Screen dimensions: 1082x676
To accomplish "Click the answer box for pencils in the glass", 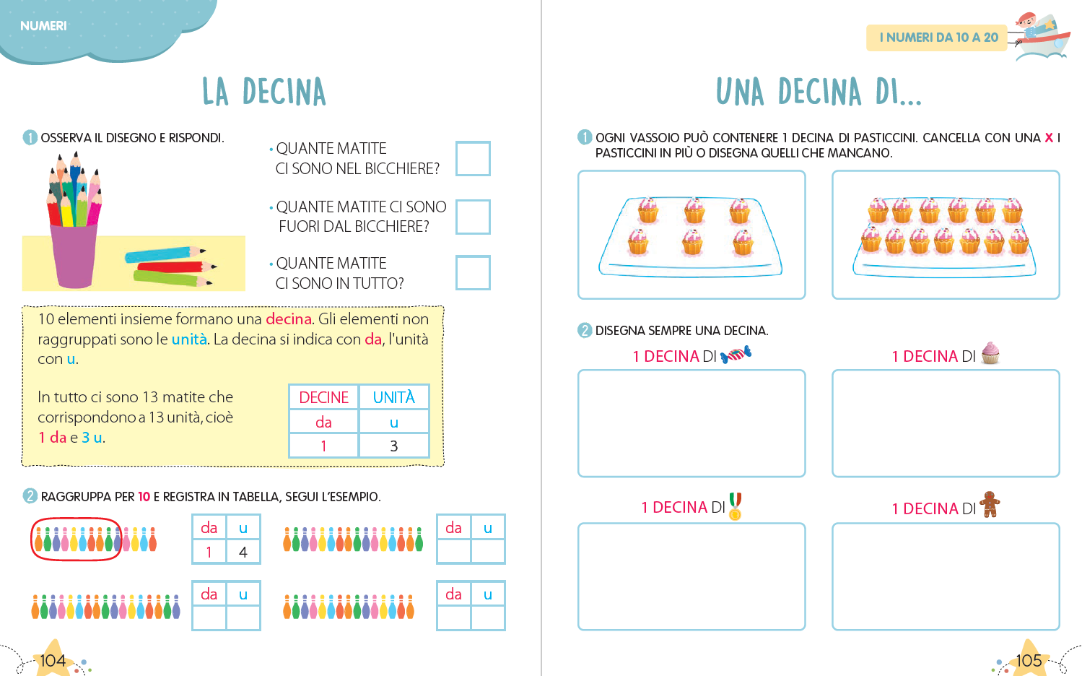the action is tap(473, 158).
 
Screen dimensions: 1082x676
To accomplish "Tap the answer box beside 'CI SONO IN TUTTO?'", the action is tap(473, 272).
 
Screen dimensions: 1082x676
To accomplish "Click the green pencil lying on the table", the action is tap(173, 278).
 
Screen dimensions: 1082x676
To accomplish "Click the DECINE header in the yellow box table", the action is tap(323, 397).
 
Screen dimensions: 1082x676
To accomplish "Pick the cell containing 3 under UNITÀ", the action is tap(393, 446).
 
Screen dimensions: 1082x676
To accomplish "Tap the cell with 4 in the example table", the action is tap(243, 552).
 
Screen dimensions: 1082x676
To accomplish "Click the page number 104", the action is tap(53, 660).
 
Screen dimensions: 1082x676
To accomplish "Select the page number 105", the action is tap(1029, 660).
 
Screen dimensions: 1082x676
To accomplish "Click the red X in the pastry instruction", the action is tap(1049, 138).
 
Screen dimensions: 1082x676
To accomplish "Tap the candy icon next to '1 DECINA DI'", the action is tap(736, 355).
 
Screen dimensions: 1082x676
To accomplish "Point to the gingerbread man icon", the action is tap(990, 504).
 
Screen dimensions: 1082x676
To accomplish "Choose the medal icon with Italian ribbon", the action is tap(735, 506).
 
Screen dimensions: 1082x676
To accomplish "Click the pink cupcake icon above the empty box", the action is tap(990, 352).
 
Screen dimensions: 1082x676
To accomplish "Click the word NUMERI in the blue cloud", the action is tap(43, 26).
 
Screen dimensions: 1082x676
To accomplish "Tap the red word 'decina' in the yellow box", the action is tap(289, 319).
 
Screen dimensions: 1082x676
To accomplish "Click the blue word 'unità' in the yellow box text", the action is tap(189, 339).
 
